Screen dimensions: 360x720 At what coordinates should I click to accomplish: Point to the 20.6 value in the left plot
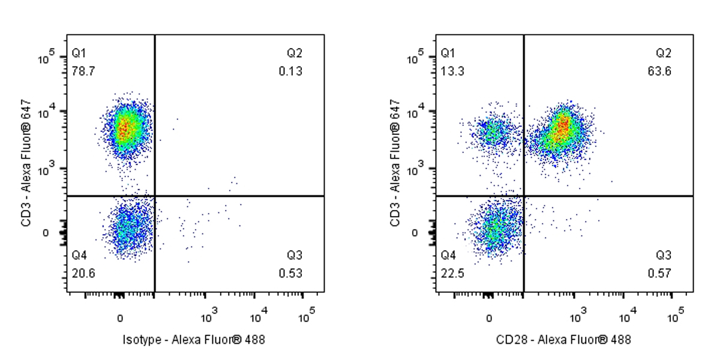[x=83, y=274]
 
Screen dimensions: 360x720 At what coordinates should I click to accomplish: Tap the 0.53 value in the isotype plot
[x=290, y=274]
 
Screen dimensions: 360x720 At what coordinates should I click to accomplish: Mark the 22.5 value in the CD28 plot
[x=452, y=274]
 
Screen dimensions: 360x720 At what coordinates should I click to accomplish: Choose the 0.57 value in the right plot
[x=659, y=274]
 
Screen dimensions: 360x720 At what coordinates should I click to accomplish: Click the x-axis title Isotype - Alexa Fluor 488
[x=193, y=340]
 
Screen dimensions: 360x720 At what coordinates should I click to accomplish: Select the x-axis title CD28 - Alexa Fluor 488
[x=563, y=340]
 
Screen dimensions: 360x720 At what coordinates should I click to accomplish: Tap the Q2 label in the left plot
[x=295, y=53]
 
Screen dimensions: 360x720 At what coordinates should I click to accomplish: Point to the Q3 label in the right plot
[x=664, y=256]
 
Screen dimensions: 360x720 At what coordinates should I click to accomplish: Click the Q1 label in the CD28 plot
[x=448, y=53]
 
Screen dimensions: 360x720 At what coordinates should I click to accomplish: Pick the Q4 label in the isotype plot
[x=79, y=256]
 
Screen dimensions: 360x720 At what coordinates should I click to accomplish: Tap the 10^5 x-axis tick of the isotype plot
[x=306, y=314]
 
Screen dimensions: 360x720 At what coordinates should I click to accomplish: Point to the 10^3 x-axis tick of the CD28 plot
[x=577, y=314]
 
